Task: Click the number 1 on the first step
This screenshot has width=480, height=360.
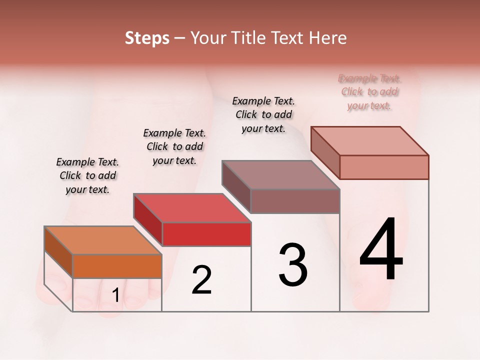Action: point(115,295)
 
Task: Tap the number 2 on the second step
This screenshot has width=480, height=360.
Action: point(201,280)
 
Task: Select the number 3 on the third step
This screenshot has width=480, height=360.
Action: point(293,264)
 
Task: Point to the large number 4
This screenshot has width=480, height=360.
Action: point(381,250)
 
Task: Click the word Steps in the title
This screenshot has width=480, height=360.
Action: point(147,38)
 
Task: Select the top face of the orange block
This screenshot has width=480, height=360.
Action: point(103,240)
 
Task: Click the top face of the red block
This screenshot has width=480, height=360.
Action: point(192,207)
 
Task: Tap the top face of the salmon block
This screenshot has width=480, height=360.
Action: point(370,140)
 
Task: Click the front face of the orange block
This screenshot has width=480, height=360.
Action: point(117,266)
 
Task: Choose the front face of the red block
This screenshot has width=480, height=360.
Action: point(206,234)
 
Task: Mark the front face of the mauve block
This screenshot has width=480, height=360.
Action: point(295,201)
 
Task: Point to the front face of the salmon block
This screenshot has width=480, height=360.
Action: point(384,167)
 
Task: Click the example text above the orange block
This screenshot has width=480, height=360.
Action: point(87,175)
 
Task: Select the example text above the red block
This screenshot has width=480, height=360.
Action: point(174,146)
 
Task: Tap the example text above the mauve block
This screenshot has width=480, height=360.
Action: point(263,114)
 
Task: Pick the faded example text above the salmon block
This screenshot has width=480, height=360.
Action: point(369,92)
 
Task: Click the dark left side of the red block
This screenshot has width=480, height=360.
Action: point(148,219)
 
